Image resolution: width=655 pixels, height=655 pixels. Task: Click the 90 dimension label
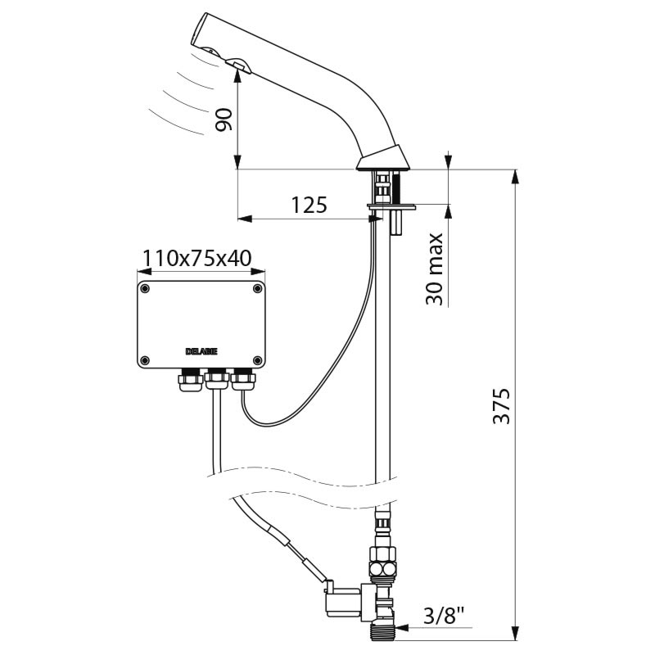[224, 120]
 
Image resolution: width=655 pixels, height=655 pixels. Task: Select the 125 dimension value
[309, 205]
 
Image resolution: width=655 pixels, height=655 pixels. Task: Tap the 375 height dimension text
[502, 406]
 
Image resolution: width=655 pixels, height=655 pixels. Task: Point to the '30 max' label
[435, 269]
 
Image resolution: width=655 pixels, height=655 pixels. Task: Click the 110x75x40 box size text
[197, 258]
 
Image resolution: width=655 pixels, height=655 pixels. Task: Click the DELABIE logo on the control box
[201, 352]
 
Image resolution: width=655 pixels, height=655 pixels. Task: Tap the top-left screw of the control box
[146, 289]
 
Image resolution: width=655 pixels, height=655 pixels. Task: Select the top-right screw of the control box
[258, 289]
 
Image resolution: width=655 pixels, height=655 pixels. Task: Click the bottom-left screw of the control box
[146, 360]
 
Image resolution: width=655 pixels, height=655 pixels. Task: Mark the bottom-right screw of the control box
[258, 360]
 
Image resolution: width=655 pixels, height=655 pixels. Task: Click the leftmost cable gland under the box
[191, 380]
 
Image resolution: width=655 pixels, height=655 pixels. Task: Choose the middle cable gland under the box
[217, 379]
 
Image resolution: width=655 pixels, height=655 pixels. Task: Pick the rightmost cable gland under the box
[243, 379]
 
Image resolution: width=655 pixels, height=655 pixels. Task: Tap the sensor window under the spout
[238, 65]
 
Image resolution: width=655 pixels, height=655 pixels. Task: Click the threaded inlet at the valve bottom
[382, 630]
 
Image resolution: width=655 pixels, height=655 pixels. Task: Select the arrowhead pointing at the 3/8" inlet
[402, 627]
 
